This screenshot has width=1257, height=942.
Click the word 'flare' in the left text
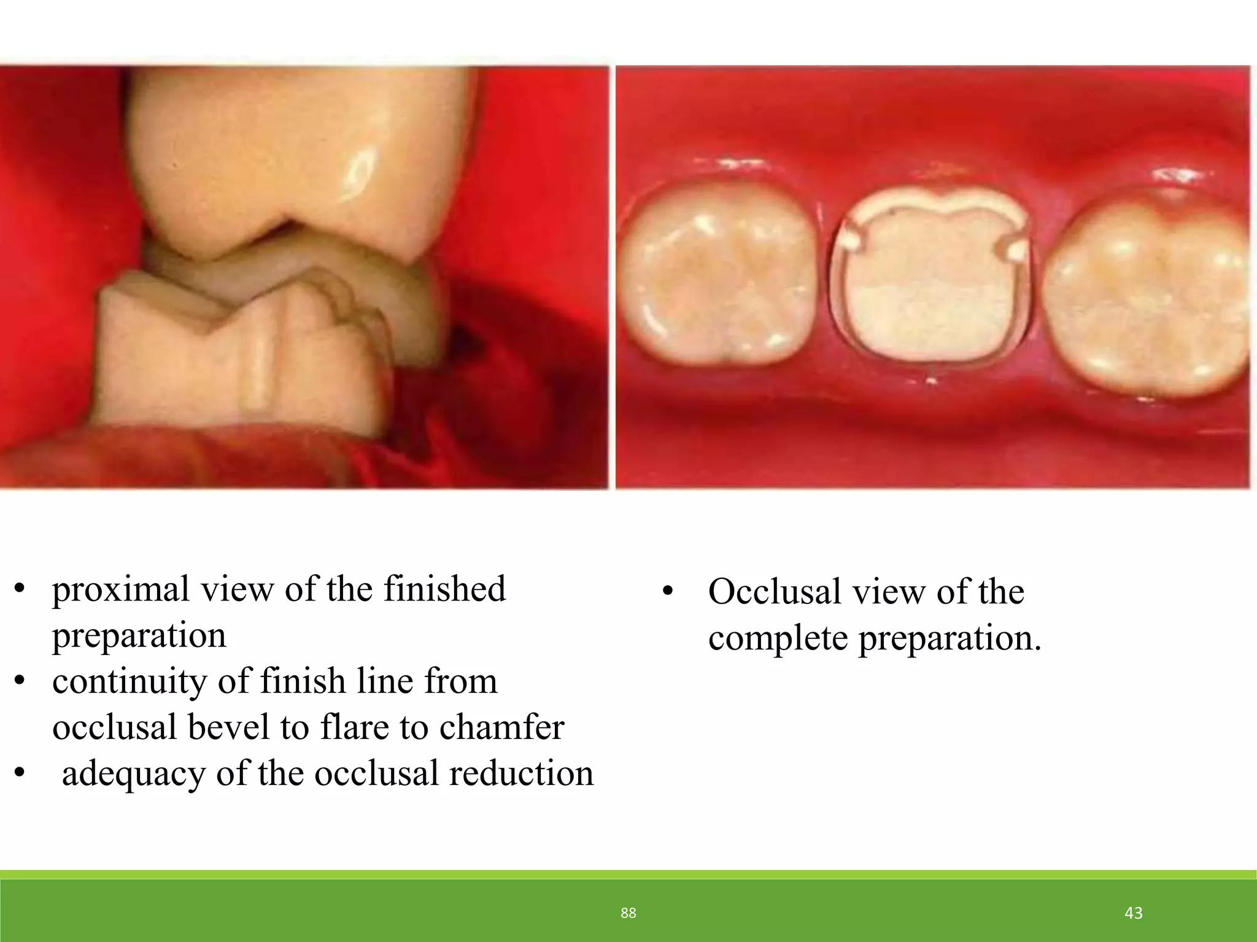click(355, 727)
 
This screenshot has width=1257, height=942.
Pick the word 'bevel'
click(228, 727)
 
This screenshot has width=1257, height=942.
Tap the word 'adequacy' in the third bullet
click(133, 774)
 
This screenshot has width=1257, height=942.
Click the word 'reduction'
click(521, 773)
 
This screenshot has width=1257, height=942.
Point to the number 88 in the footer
click(628, 913)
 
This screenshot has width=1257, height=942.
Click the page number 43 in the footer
click(1133, 913)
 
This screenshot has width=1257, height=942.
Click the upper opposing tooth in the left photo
click(288, 153)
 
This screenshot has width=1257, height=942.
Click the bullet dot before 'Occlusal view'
click(668, 592)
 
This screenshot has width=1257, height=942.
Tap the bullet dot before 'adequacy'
click(20, 774)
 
